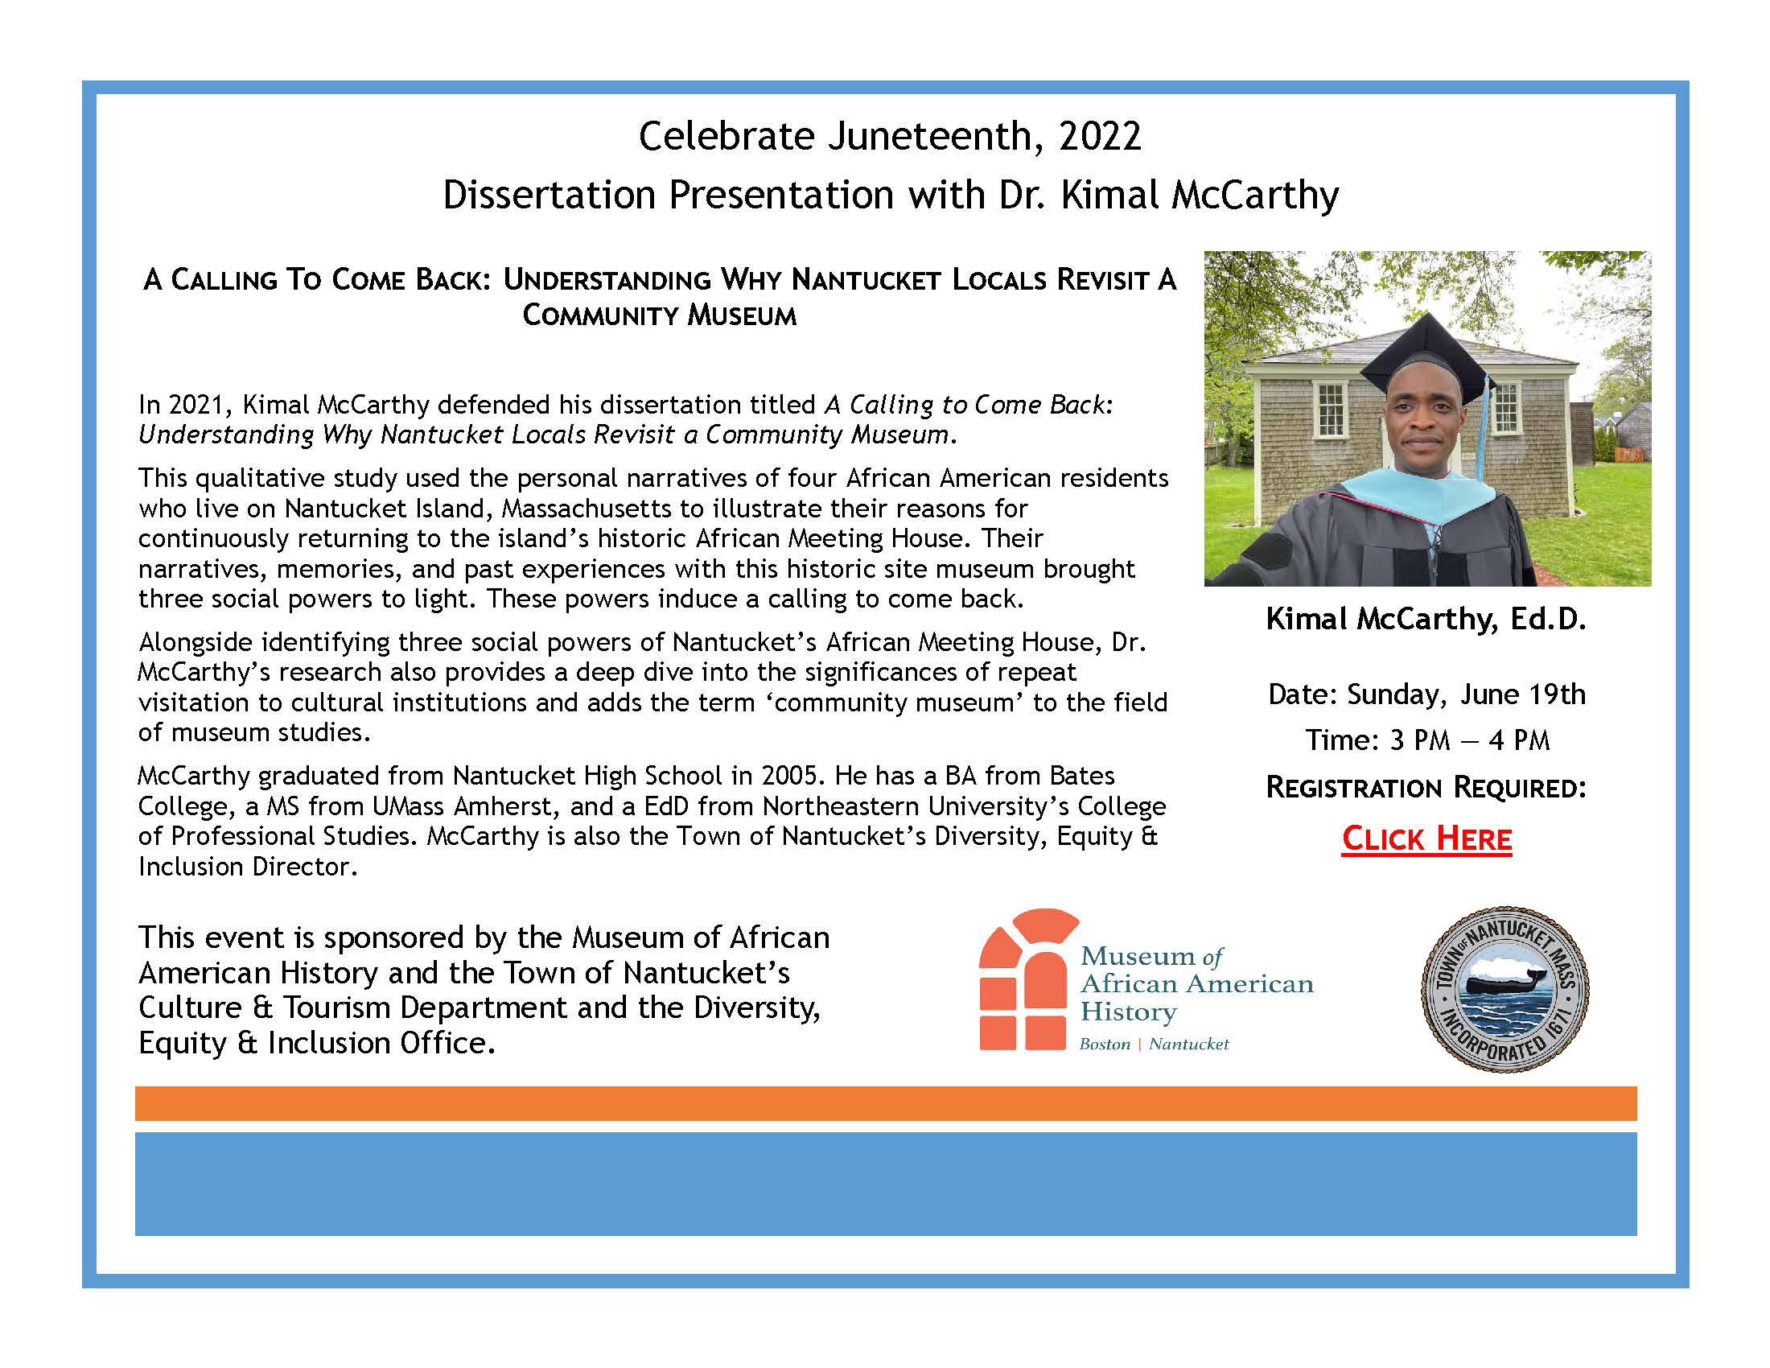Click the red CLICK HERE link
click(1426, 839)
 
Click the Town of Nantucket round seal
click(1505, 990)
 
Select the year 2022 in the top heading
click(1100, 136)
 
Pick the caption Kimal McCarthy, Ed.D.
click(1426, 620)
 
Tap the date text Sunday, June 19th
click(1466, 694)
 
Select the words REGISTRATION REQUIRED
click(1426, 788)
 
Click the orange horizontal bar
click(885, 1104)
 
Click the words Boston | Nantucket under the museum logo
click(1153, 1045)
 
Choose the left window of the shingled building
click(1331, 408)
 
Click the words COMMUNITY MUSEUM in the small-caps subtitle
click(659, 315)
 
